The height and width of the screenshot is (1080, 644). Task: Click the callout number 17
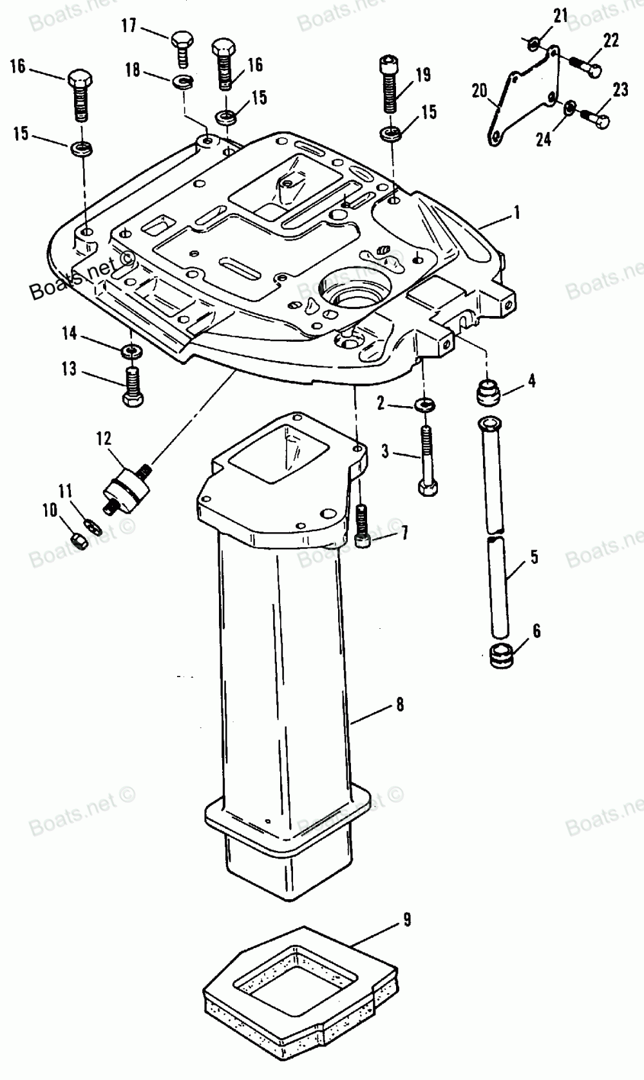(x=129, y=26)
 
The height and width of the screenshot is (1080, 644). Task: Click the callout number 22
(x=611, y=41)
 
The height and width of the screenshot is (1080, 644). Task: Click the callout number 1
(x=516, y=212)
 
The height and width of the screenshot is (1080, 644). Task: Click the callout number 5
(x=535, y=557)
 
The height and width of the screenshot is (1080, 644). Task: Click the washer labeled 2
(x=424, y=405)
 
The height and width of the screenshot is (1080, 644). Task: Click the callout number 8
(x=400, y=705)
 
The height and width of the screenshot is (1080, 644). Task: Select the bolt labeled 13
(x=133, y=386)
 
